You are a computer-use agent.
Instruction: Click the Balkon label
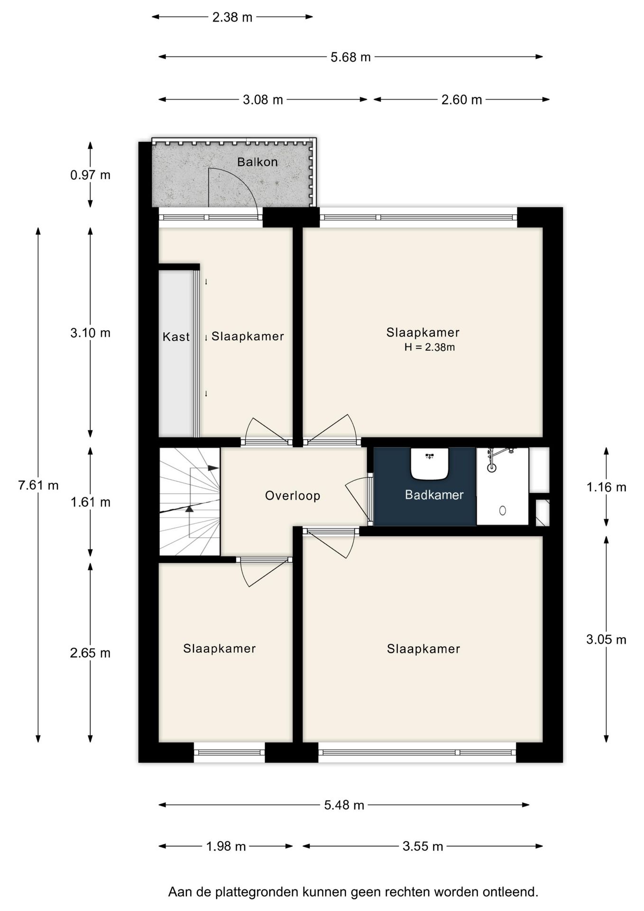[257, 162]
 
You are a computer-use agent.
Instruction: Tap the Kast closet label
[176, 337]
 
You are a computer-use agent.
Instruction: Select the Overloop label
[293, 496]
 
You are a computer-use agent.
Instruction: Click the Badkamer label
[434, 495]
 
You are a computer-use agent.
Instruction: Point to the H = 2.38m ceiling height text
[429, 347]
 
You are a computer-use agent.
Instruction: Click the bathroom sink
[429, 464]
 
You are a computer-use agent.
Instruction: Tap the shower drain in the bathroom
[503, 511]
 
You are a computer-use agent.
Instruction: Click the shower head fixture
[492, 467]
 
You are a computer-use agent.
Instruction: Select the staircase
[190, 502]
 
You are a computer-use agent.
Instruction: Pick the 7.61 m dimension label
[38, 485]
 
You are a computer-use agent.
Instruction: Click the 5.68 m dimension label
[350, 57]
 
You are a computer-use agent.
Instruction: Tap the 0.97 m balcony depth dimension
[90, 175]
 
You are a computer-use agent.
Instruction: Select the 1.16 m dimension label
[606, 487]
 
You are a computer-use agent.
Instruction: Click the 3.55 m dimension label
[423, 846]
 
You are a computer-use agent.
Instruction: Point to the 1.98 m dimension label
[226, 846]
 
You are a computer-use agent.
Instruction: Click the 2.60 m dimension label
[461, 100]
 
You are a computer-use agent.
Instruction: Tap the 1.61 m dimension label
[90, 502]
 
